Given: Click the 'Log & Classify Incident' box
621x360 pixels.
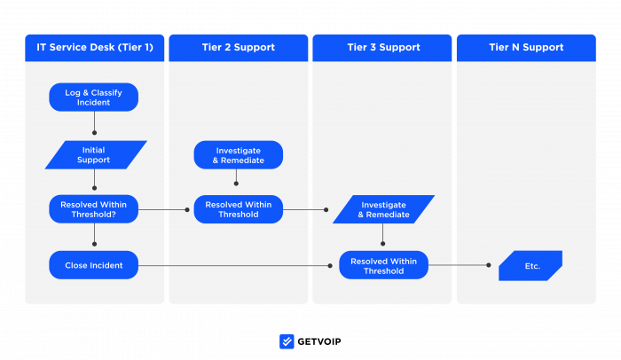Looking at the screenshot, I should (x=94, y=97).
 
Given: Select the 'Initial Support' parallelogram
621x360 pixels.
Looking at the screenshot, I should (x=95, y=155).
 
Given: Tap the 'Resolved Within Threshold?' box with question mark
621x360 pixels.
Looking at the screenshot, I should (x=94, y=209).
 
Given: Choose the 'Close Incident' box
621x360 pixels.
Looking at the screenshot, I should (x=94, y=265).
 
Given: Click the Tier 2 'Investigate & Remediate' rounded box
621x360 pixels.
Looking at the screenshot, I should (x=238, y=155).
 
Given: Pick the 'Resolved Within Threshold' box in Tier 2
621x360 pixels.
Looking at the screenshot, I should (x=238, y=209).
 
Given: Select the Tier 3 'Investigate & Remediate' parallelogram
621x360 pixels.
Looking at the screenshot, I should (x=383, y=209).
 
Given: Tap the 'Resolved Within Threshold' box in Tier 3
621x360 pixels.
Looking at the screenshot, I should (x=383, y=265).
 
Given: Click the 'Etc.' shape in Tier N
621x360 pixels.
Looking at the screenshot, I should (x=531, y=265).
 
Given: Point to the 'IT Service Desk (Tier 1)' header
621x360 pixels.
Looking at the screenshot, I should (x=95, y=48).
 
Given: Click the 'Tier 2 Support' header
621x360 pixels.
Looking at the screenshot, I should (x=238, y=48).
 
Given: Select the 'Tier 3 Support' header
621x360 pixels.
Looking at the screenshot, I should (x=383, y=48).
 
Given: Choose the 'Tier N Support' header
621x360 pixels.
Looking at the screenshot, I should (x=526, y=48).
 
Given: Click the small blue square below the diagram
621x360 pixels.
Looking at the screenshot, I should (x=287, y=341).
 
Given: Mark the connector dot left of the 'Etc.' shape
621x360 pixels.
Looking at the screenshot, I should (x=488, y=265).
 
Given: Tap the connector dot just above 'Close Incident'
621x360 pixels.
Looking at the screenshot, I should (x=94, y=243).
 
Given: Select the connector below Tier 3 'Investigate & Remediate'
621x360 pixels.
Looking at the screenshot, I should (x=383, y=235).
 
